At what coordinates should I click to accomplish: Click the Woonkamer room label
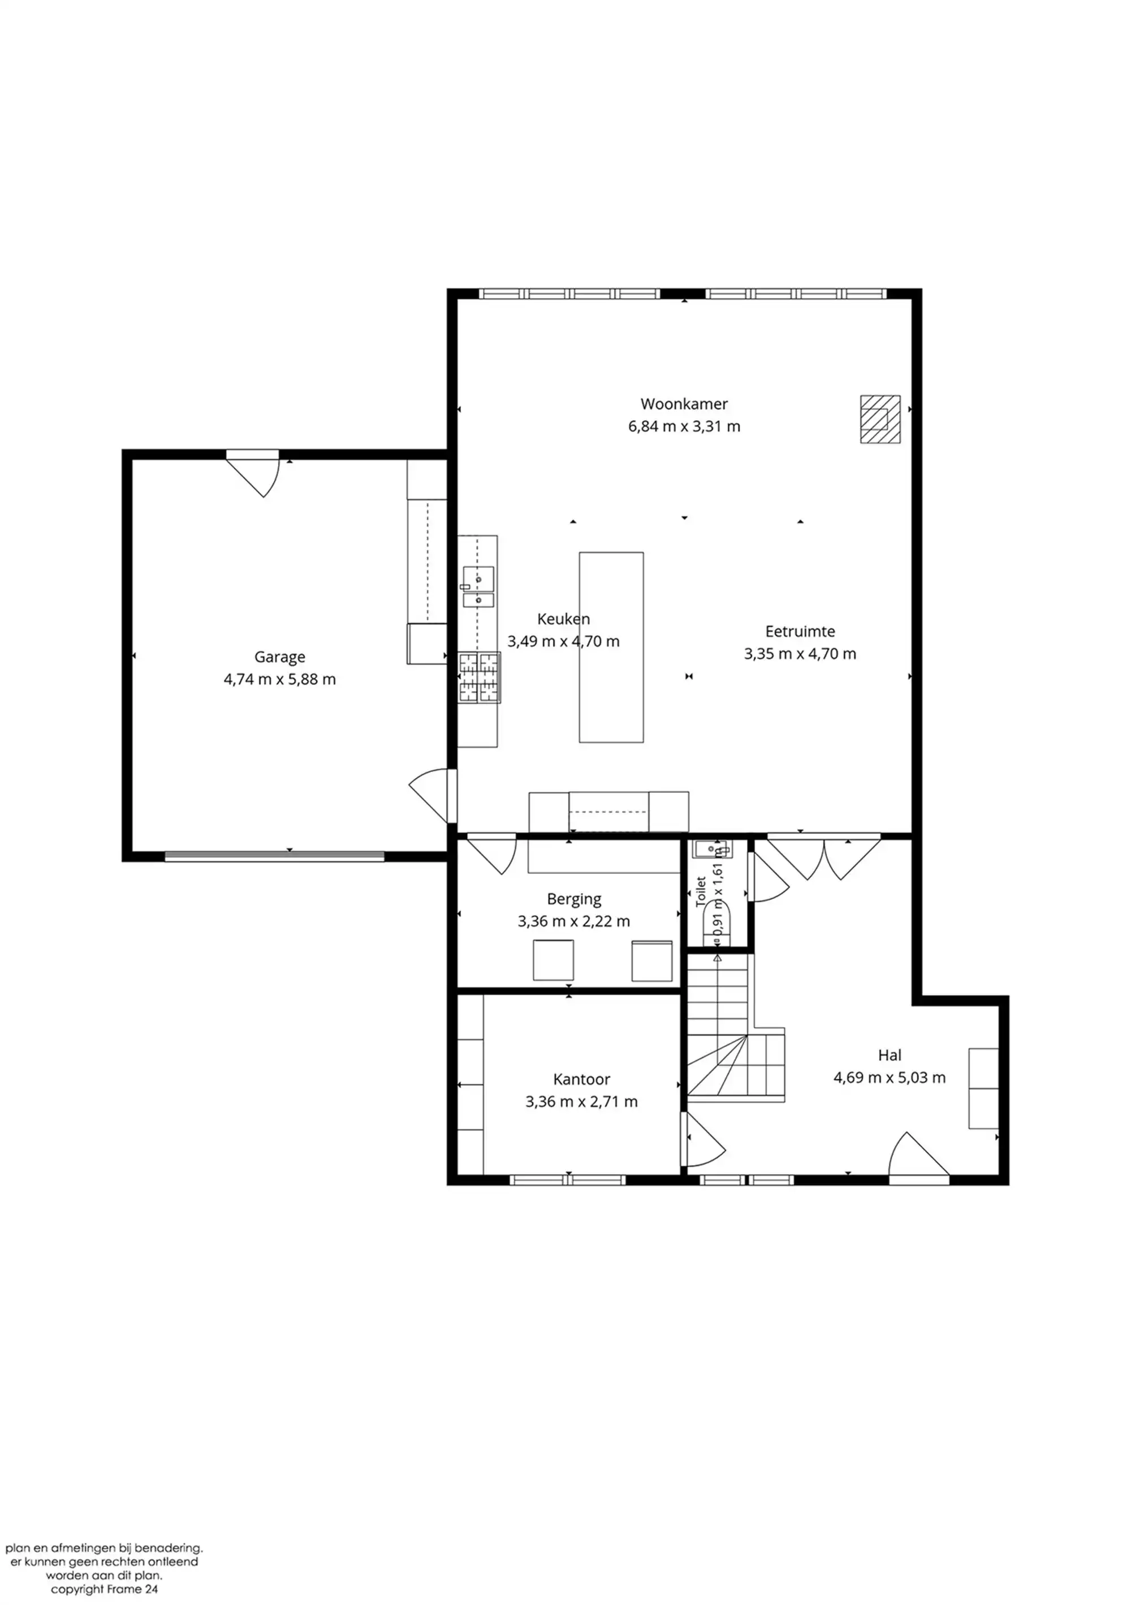pos(684,404)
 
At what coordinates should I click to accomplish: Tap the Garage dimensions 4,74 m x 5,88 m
pos(279,679)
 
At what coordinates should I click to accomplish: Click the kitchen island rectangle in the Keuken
pos(611,648)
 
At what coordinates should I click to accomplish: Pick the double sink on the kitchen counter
pos(478,586)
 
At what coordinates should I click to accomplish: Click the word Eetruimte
pos(800,631)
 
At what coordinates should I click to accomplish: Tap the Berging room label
pos(574,899)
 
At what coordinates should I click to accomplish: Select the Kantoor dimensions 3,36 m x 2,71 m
pos(581,1101)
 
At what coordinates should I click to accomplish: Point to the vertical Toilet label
pos(701,891)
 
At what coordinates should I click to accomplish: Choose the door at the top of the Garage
pos(253,473)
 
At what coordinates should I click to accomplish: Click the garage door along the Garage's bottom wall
pos(274,856)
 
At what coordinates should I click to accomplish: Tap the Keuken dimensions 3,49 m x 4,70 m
pos(563,641)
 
